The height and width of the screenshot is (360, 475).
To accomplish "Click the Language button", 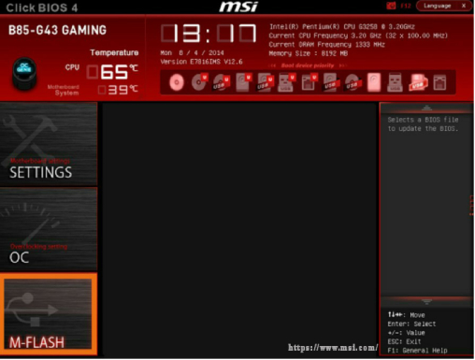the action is tap(442, 6).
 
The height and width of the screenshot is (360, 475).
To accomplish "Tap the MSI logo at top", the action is tap(238, 7).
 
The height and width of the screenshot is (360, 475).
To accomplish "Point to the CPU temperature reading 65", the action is tap(115, 71).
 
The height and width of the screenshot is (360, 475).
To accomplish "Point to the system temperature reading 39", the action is tap(118, 90).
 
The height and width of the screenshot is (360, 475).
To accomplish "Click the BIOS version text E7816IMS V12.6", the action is tap(200, 62).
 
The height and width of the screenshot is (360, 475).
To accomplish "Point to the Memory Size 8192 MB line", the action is tap(308, 54).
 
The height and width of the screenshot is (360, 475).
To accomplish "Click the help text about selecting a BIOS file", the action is tap(425, 123).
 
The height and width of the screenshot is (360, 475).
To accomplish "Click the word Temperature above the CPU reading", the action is tap(114, 52).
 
